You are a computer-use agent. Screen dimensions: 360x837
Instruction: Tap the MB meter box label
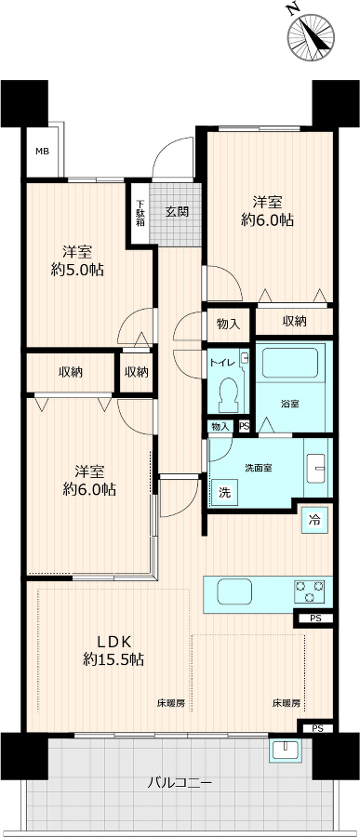click(42, 151)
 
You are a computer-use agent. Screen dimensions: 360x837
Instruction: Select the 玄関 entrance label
click(176, 211)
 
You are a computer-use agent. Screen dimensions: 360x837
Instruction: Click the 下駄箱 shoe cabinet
click(140, 213)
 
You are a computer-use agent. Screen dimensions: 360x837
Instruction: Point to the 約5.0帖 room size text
click(77, 271)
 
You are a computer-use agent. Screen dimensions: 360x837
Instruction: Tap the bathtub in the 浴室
click(294, 363)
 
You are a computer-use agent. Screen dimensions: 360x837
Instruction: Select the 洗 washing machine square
click(225, 493)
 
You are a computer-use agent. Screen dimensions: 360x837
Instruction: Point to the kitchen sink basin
click(233, 592)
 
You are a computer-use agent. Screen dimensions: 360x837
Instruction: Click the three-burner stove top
click(309, 592)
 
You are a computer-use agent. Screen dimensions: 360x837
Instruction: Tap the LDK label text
click(113, 641)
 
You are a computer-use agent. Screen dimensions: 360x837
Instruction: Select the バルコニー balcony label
click(180, 784)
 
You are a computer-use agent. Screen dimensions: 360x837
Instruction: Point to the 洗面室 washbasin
click(316, 468)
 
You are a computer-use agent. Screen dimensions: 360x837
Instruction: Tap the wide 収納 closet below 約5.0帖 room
click(71, 372)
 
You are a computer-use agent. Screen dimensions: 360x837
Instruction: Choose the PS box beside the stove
click(315, 618)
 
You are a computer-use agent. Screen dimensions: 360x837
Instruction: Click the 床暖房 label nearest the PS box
click(287, 704)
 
